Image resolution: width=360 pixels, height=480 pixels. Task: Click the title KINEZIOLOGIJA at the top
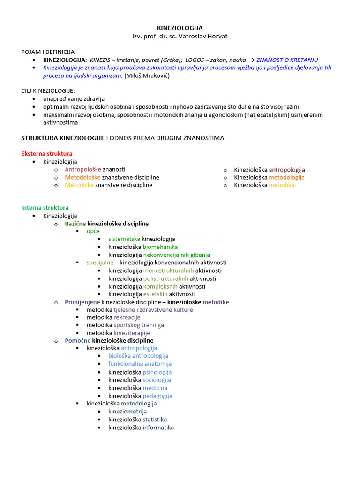pos(180,28)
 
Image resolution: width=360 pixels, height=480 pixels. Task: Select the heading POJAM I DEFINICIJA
pos(48,52)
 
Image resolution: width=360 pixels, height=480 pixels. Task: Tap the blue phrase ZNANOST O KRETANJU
pos(287,60)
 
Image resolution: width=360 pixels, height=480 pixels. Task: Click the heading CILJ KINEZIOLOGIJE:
pos(48,91)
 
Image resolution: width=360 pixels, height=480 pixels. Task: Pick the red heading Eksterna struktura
pos(47,154)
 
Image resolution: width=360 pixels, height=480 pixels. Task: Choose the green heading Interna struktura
pos(45,208)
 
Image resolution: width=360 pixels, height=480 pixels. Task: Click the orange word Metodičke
pos(79,185)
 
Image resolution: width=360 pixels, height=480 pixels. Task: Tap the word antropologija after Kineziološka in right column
pos(287,170)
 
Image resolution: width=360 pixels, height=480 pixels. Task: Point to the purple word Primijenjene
pos(82,302)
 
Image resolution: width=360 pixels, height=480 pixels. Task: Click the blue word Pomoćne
pos(78,341)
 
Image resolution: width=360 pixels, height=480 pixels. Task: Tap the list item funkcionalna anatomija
pos(140,364)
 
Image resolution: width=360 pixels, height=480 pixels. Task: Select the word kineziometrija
pos(127,412)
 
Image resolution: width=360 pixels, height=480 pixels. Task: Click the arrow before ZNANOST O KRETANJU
pos(252,60)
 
